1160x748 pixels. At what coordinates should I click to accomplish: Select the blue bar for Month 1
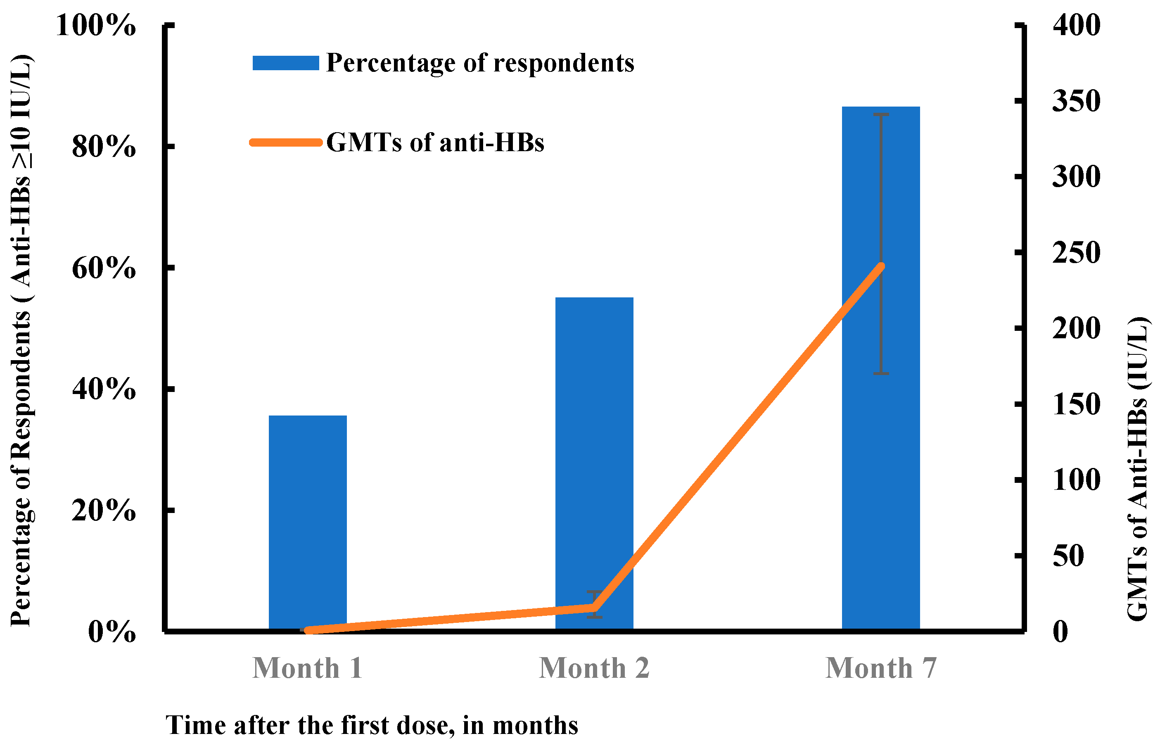click(x=307, y=522)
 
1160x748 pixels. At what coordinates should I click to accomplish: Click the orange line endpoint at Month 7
click(x=881, y=266)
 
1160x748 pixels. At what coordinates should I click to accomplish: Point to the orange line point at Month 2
click(x=594, y=608)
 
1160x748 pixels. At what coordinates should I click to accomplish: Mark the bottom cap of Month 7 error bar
click(x=881, y=373)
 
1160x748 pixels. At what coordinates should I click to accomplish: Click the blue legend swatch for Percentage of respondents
click(x=285, y=63)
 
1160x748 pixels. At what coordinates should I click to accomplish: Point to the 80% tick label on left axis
click(x=103, y=146)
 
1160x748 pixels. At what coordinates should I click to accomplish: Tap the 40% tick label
click(x=103, y=389)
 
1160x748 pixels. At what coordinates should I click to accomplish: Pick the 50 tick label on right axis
click(x=1068, y=556)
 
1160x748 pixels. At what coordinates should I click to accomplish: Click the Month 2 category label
click(x=594, y=668)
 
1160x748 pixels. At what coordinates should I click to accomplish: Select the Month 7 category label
click(x=881, y=668)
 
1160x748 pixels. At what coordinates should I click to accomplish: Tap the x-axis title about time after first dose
click(x=371, y=725)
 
